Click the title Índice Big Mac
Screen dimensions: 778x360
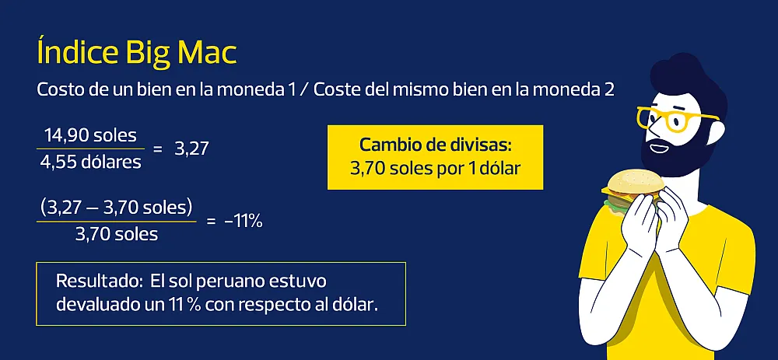(136, 51)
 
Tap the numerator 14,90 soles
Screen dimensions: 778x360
(90, 135)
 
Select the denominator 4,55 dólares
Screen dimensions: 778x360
(90, 162)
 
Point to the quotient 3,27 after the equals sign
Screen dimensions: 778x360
(191, 149)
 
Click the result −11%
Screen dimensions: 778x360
(243, 222)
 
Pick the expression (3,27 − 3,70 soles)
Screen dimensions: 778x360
(116, 208)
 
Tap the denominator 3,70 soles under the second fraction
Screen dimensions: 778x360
(117, 234)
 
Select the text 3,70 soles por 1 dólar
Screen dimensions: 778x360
(435, 169)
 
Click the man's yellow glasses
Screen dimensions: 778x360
(669, 119)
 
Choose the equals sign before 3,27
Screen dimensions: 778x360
(158, 149)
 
